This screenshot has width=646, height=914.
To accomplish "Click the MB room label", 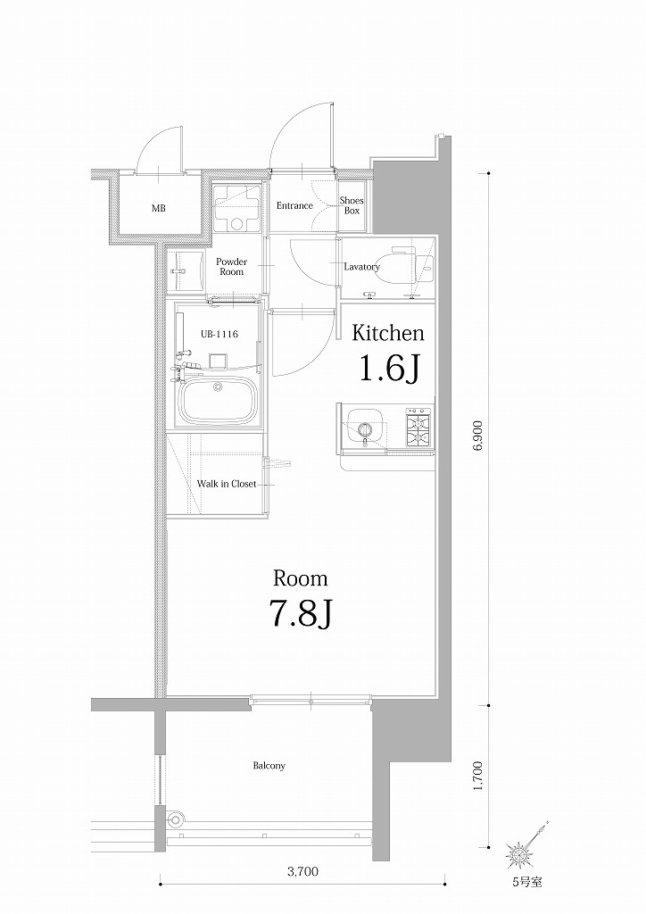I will (x=158, y=209).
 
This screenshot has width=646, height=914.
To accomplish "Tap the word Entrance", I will (x=294, y=206).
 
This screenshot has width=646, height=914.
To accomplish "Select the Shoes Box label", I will (x=352, y=206).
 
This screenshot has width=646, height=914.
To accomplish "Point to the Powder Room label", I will (x=231, y=267).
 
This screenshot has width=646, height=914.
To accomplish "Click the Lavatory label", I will (x=362, y=267).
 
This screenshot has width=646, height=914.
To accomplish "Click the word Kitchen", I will (x=387, y=334).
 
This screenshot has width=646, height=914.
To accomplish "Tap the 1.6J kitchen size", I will (x=389, y=368).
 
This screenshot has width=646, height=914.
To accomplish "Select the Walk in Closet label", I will (x=227, y=484).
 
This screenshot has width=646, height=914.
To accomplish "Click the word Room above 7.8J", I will (x=300, y=578).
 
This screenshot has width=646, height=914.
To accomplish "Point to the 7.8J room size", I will (x=301, y=613).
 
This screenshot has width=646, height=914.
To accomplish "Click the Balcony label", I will (x=269, y=766).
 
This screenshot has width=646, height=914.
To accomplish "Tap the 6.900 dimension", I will (x=478, y=438).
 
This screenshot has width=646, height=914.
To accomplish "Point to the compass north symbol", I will (x=520, y=853).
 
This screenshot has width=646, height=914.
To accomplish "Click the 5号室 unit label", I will (x=526, y=883).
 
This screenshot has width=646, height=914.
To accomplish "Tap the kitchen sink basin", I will (x=363, y=428).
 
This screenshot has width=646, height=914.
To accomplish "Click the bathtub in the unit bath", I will (x=219, y=403).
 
